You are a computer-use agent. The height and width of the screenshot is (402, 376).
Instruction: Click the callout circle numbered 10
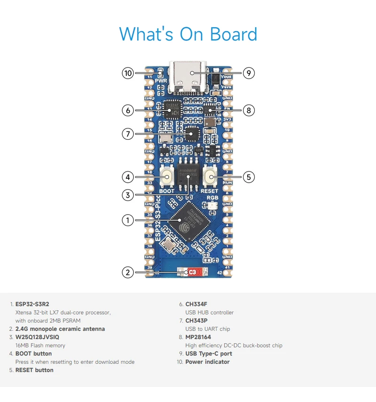[x=128, y=73]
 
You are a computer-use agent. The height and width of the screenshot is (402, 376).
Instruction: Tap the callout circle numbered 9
[x=249, y=73]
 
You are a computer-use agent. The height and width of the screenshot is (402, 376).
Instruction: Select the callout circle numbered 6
[x=128, y=110]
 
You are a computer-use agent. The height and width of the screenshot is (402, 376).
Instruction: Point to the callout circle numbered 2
[x=128, y=272]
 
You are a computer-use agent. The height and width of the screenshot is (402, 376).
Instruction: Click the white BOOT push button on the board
[x=166, y=177]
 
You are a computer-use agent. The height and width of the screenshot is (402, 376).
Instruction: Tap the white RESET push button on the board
[x=210, y=177]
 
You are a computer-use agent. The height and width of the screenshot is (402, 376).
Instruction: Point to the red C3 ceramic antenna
[x=192, y=272]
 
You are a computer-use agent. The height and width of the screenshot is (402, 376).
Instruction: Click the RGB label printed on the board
[x=213, y=198]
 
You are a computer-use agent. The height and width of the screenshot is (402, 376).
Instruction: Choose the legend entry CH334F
[x=196, y=304]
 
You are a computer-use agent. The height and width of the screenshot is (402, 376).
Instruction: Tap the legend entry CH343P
[x=196, y=321]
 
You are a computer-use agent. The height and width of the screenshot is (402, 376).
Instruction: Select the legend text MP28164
[x=198, y=337]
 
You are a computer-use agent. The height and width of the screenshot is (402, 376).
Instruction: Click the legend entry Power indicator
[x=207, y=362]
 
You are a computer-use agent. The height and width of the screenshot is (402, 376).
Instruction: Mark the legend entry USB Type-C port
[x=209, y=354]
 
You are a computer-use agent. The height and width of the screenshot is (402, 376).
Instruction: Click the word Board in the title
[x=234, y=34]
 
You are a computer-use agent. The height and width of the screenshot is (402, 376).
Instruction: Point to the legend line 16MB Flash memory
[x=40, y=346]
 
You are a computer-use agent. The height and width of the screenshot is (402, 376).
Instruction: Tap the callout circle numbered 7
[x=128, y=134]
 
